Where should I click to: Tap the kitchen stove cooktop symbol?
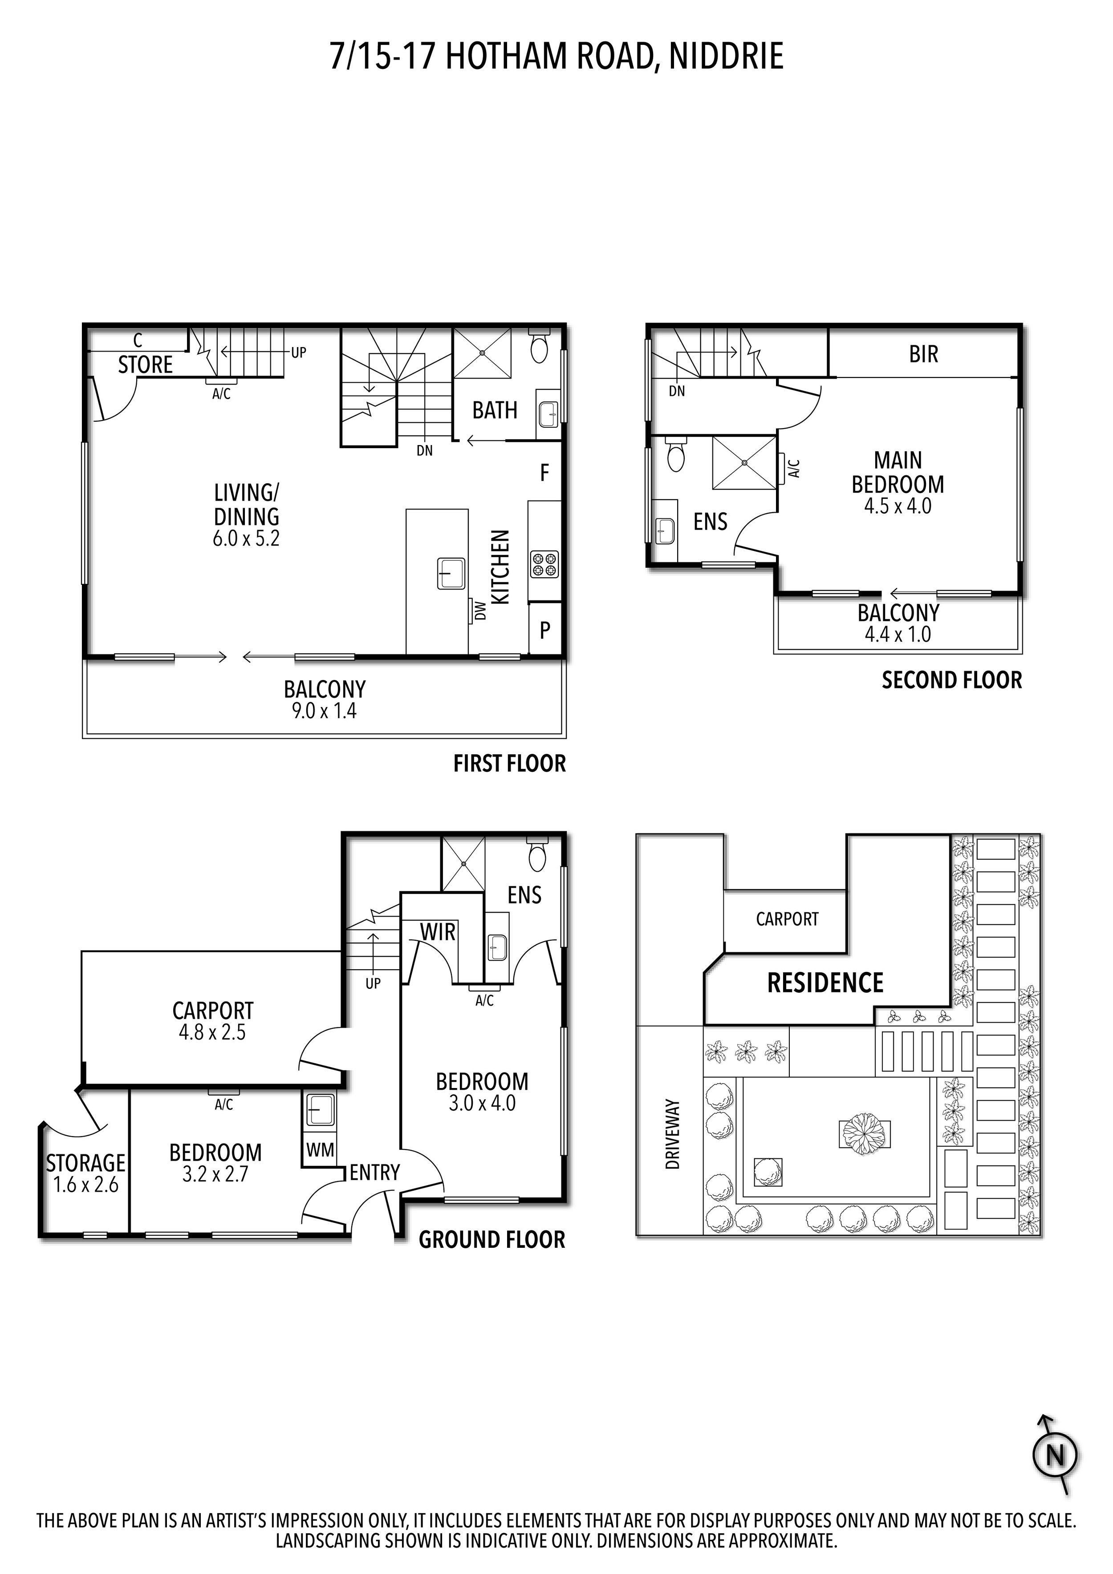[544, 563]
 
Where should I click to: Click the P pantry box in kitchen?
[545, 629]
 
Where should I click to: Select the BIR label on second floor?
[923, 354]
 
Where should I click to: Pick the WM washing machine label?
[320, 1149]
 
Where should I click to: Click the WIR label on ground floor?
[438, 932]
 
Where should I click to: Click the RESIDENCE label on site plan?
[825, 983]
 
